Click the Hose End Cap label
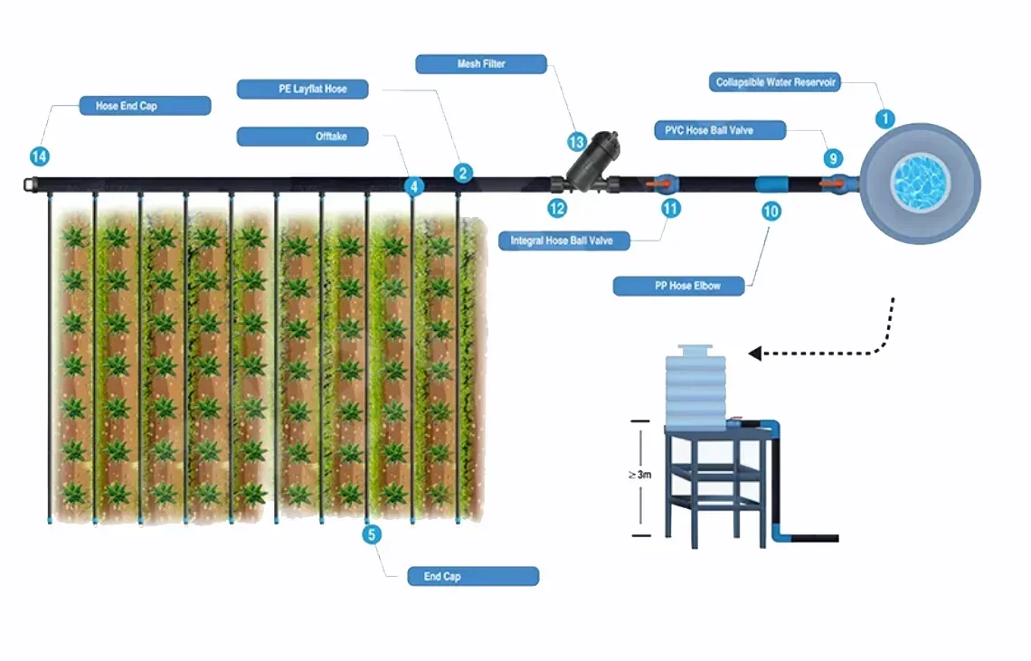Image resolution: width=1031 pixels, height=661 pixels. point(146,106)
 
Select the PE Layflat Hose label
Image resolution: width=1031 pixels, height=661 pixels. point(302,89)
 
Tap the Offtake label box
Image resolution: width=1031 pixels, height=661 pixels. point(302,137)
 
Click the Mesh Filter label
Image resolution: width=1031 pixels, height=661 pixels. point(481,64)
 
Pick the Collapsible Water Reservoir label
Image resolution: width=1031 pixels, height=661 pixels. point(774,82)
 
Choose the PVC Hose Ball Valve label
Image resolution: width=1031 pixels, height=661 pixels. point(721,130)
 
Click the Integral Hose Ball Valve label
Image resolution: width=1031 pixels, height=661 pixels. point(564,241)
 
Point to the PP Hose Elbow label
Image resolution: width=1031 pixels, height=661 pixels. point(678,286)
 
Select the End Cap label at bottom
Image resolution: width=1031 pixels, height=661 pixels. point(473,576)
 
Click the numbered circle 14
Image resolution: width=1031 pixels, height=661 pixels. point(40,156)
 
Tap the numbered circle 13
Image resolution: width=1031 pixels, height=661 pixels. point(577,142)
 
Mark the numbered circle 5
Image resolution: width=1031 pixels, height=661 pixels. point(372,534)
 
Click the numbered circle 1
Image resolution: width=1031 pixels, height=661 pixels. point(885,119)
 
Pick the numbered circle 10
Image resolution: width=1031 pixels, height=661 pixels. point(771,211)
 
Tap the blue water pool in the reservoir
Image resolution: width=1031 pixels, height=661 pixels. point(920,183)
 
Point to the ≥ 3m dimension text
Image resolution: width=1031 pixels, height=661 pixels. point(639,474)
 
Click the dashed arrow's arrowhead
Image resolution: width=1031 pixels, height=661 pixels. point(755,354)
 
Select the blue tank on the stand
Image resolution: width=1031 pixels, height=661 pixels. point(695,385)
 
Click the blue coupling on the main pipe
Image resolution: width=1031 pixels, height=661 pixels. point(772,184)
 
